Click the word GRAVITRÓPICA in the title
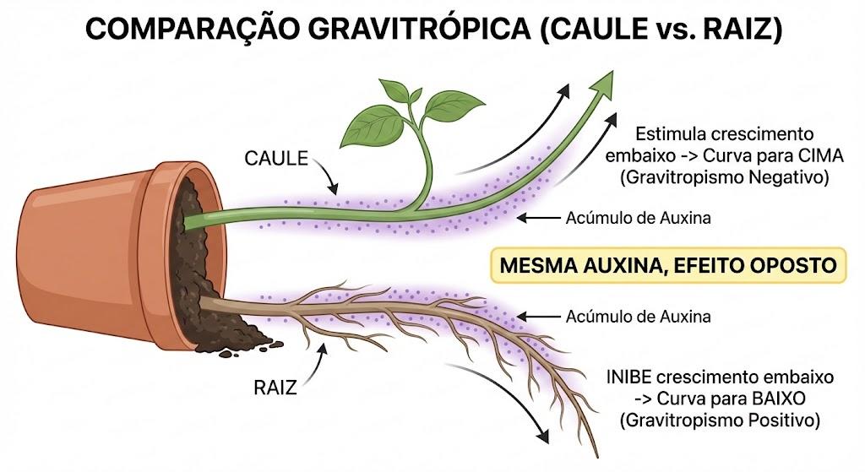tap(418, 29)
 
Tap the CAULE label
tap(276, 158)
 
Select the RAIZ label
tap(275, 388)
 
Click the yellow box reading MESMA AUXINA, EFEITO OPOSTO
tap(668, 265)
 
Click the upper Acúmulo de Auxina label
tap(639, 218)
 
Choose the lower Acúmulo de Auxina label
tap(639, 317)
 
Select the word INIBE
tap(628, 377)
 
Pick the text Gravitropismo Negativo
tap(724, 177)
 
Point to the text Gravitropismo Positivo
tap(720, 420)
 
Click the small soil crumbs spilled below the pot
tap(242, 349)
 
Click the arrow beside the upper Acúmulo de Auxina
tap(538, 219)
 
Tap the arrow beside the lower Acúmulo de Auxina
tap(538, 317)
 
